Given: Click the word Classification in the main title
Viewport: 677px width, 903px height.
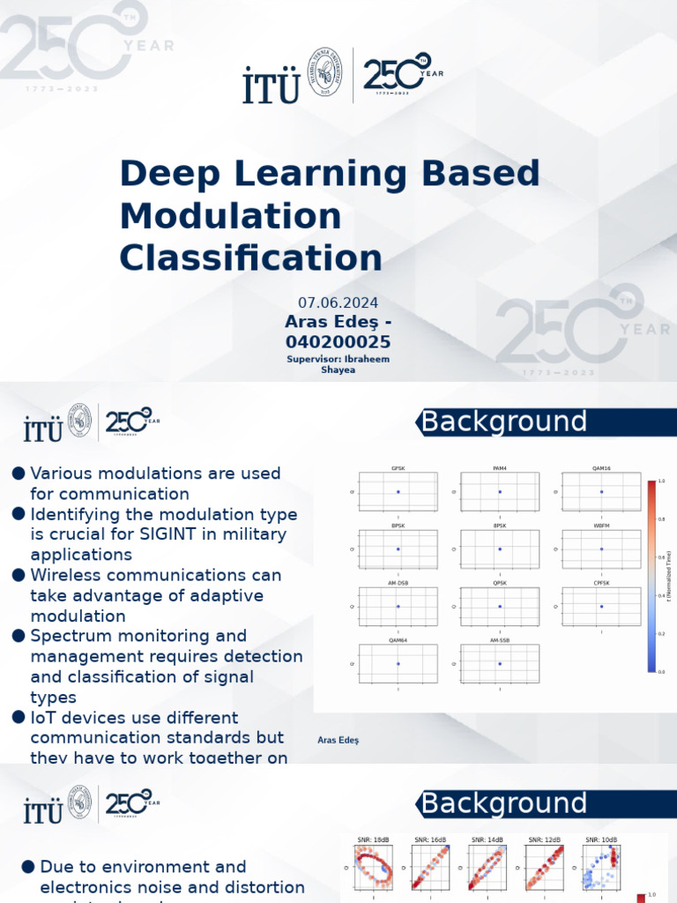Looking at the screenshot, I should tap(251, 258).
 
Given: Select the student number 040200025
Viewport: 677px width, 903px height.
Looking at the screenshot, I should tap(338, 341).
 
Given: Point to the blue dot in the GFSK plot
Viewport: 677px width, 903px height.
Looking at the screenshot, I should tap(398, 491).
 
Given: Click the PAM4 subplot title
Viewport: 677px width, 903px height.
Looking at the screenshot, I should tap(499, 467).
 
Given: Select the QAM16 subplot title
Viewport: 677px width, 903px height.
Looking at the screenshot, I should tap(601, 467).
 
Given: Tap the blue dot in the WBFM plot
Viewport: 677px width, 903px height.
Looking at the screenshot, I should tap(601, 549).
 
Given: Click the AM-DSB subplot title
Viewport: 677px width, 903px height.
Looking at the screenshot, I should tap(398, 583).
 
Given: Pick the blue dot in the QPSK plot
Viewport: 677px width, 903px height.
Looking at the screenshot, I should tap(500, 607).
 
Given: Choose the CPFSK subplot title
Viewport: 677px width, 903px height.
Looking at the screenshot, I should tap(601, 583).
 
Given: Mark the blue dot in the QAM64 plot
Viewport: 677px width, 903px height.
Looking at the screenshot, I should tap(398, 663).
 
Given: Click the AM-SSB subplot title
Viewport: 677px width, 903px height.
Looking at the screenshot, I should tap(499, 640).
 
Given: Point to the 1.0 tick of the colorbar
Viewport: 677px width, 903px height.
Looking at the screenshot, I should tap(660, 481).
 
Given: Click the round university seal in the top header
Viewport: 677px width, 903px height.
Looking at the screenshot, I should tap(324, 74).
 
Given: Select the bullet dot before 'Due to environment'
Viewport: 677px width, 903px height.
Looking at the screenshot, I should tap(28, 867).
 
